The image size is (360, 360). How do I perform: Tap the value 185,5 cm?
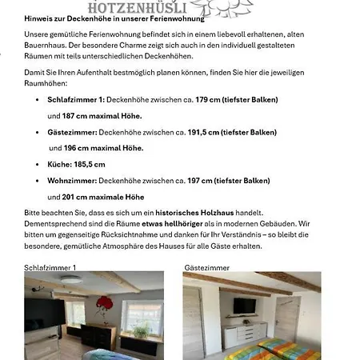coord(89,165)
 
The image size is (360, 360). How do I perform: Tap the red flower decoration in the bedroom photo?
coord(103,305)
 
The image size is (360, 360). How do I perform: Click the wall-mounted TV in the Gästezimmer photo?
coord(243,305)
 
